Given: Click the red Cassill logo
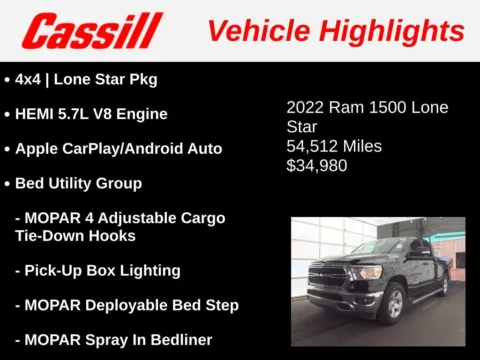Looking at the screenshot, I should point(92,31).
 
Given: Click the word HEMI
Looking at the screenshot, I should point(38,114).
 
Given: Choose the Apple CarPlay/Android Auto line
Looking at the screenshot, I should point(118,149).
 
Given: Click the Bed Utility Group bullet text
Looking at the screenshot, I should point(78,184).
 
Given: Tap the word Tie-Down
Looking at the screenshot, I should point(60,236).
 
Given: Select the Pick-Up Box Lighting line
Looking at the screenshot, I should point(97,271).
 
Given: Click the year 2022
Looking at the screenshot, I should point(306,107).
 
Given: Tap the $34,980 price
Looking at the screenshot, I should point(317,166).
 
